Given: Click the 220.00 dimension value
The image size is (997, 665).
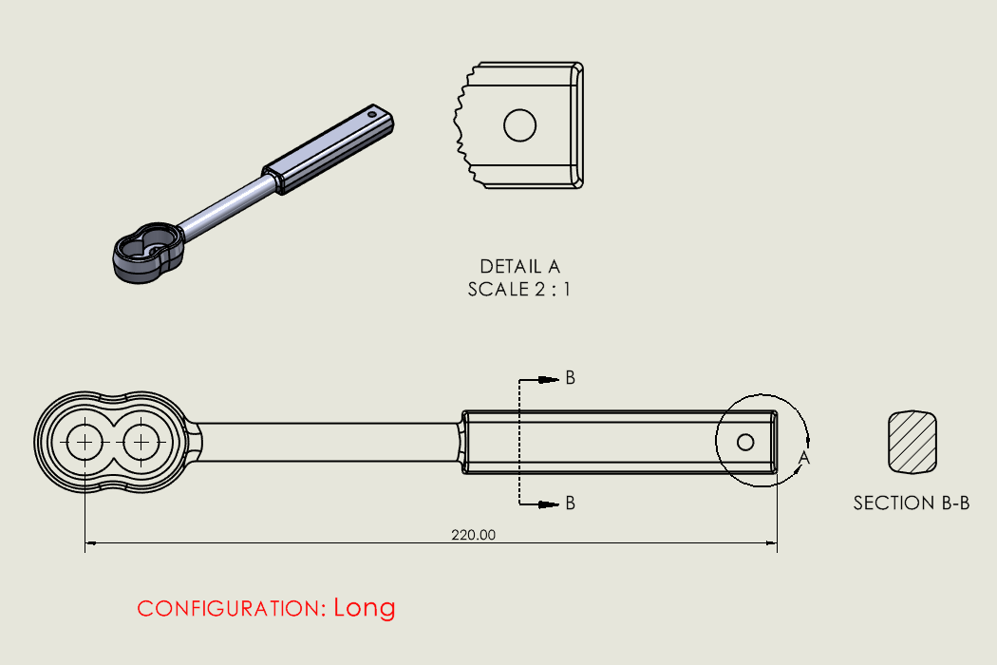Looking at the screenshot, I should pos(473,535).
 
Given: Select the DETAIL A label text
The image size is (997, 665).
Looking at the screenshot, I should pos(519,267).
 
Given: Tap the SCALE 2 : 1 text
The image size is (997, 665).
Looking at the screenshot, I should pos(519,289).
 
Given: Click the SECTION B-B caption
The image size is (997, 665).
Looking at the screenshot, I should pos(912,503).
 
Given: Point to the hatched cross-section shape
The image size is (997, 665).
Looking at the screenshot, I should pos(912,442).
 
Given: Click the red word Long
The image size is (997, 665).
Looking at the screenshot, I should pos(364,608).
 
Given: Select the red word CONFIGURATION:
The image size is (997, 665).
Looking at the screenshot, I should pos(232,609).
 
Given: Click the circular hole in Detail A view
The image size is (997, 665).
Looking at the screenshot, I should pos(520,125).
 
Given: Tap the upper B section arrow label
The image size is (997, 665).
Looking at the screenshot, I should pos(570,378).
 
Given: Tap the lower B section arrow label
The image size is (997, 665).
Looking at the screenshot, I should pos(570,503).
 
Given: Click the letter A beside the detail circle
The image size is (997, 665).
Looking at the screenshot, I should pos(804,458).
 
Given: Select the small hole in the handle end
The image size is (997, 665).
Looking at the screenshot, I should pos(745,442).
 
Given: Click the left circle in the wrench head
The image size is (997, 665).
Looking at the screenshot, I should pos(85,442).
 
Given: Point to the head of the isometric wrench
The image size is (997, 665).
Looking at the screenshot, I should pos(148,252).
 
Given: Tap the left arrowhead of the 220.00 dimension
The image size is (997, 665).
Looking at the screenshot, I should pos(91,544).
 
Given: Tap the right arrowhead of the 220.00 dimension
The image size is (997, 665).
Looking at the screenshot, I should pos(772,544).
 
